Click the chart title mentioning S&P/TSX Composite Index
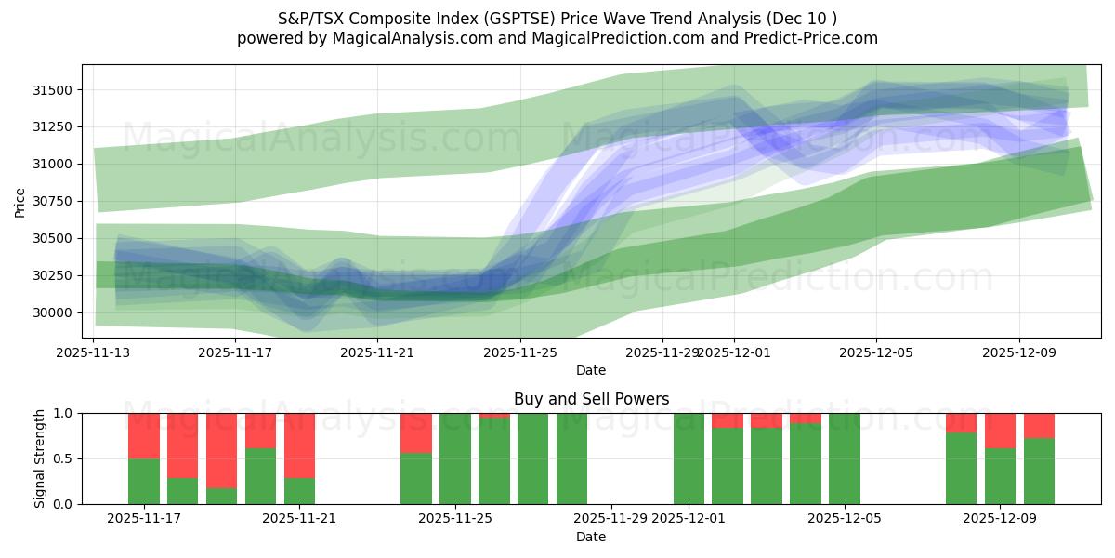click(557, 19)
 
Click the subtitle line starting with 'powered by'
click(557, 38)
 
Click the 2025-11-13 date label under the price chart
click(93, 353)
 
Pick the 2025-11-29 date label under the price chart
click(662, 353)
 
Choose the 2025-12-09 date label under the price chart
click(1018, 353)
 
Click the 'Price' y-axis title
click(20, 201)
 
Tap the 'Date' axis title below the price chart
click(591, 370)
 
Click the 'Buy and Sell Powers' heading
click(591, 399)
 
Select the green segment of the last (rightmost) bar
click(1039, 472)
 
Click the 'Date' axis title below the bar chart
click(591, 537)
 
